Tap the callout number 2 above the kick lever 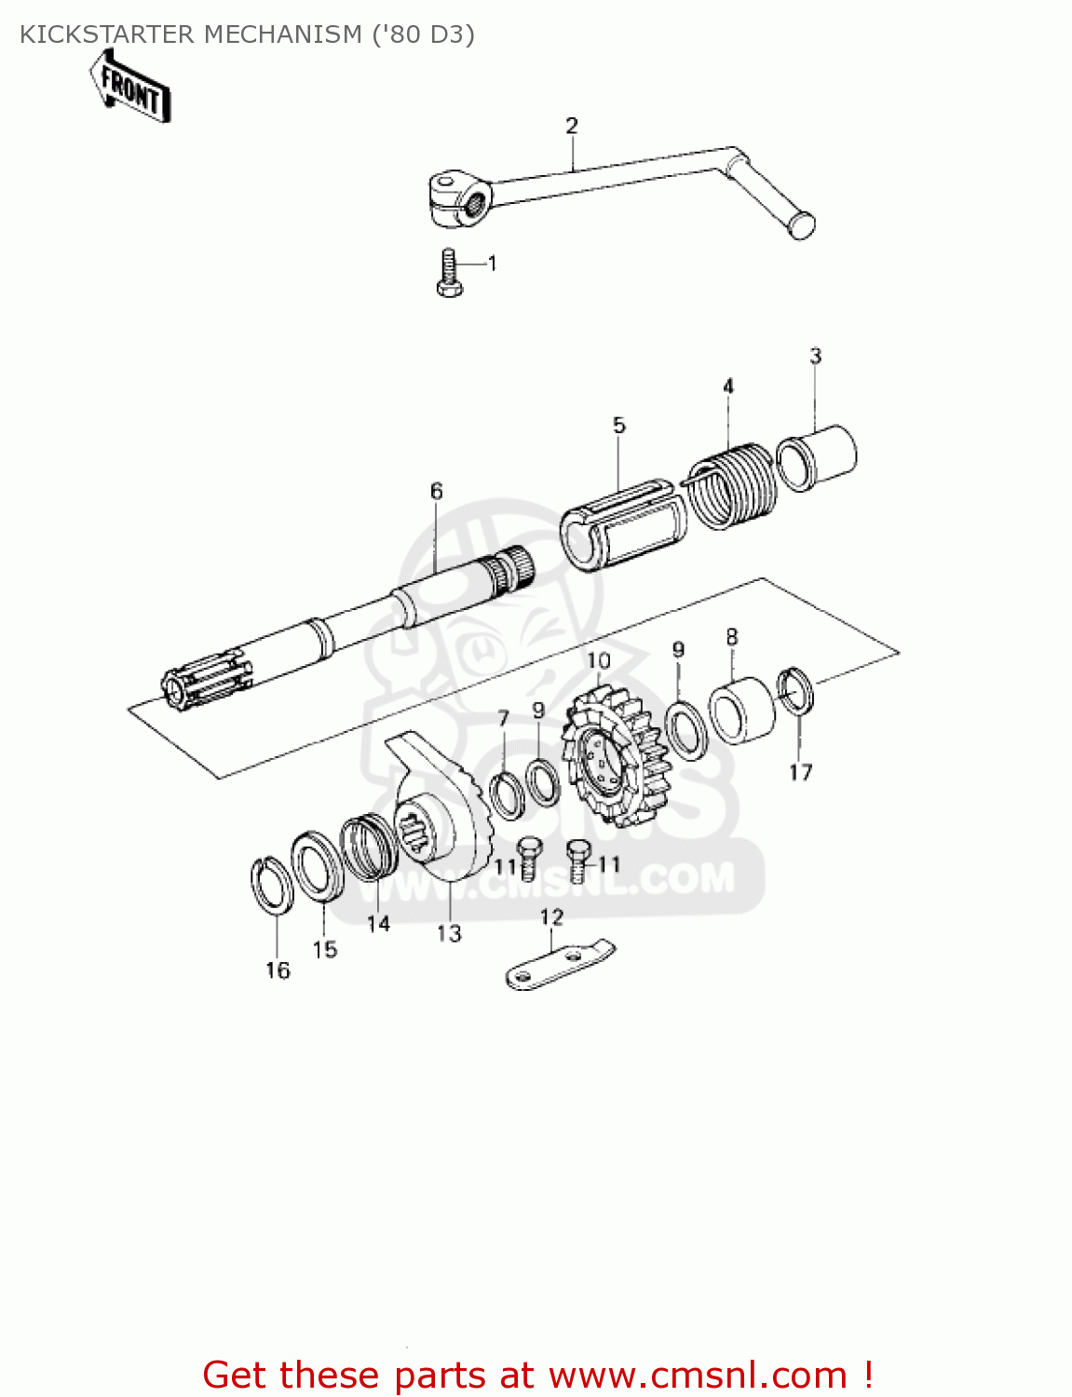tap(571, 126)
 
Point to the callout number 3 tap(815, 356)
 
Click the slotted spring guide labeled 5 tap(622, 525)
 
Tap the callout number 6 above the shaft tap(436, 491)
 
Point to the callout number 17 tap(800, 772)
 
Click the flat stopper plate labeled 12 tap(559, 965)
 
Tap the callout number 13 tap(449, 933)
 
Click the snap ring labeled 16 tap(272, 885)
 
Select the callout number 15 tap(324, 950)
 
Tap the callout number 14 tap(378, 924)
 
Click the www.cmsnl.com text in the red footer tap(698, 1376)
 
